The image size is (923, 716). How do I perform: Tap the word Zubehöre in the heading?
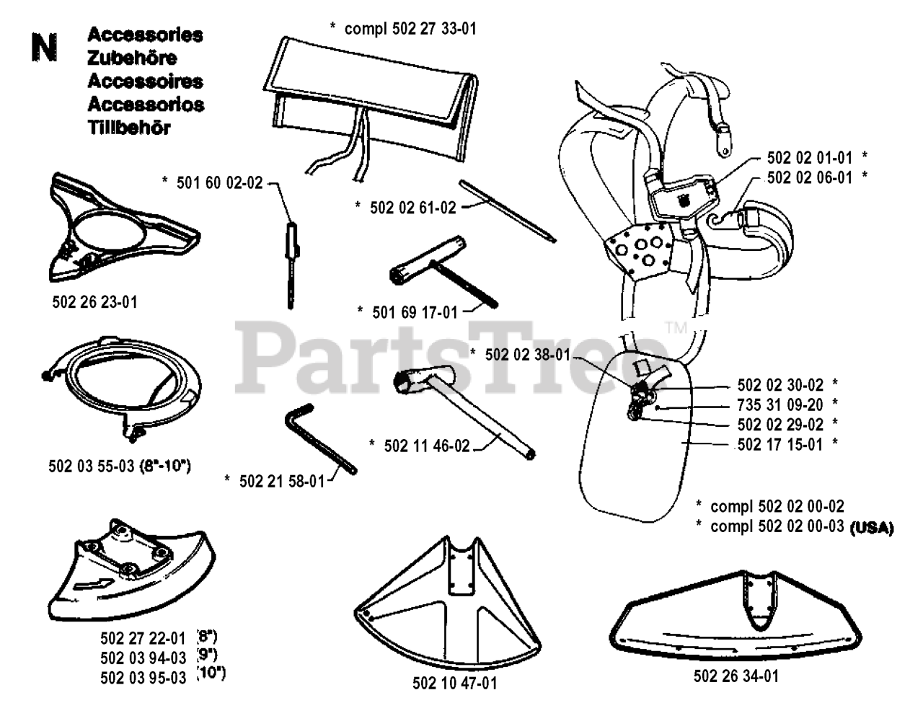pos(132,58)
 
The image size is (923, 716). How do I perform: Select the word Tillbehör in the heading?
pos(129,128)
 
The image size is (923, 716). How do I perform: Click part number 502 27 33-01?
pos(410,29)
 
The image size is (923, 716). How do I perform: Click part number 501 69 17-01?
pos(415,311)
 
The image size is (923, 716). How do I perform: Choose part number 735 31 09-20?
pos(780,405)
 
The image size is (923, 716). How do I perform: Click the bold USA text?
pos(872,527)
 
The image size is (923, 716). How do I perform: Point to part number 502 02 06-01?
pos(809,177)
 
